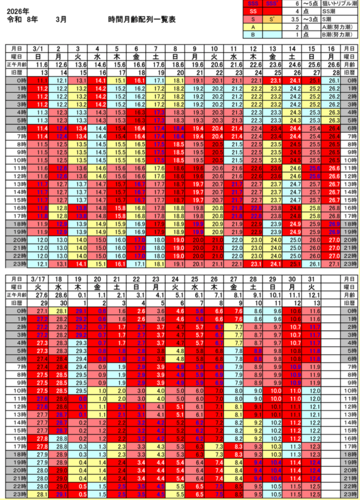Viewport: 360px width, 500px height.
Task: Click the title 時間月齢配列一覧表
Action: (x=142, y=21)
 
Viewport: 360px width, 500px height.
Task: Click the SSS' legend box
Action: (x=271, y=4)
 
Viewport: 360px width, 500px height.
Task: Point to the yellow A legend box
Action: (x=252, y=27)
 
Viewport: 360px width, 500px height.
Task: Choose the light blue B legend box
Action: (x=252, y=35)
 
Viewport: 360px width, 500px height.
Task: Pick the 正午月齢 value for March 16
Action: (x=334, y=64)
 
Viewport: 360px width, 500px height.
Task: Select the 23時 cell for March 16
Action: (x=334, y=264)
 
